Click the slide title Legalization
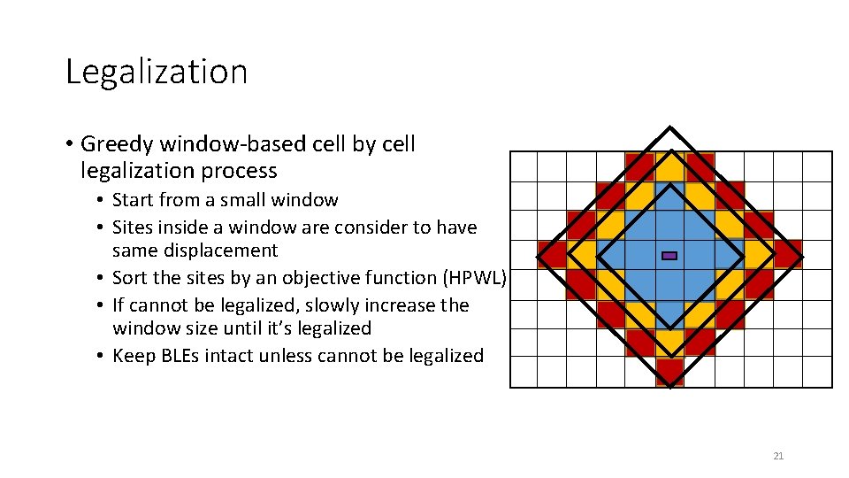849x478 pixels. pos(157,72)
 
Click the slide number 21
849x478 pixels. pos(778,457)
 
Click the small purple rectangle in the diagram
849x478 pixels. pos(669,255)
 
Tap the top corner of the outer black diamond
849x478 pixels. pos(670,127)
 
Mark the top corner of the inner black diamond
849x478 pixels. pos(670,184)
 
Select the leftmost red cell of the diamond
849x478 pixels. pos(552,255)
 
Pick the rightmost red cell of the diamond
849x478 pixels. pos(788,254)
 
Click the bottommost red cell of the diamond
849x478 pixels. pos(670,372)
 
